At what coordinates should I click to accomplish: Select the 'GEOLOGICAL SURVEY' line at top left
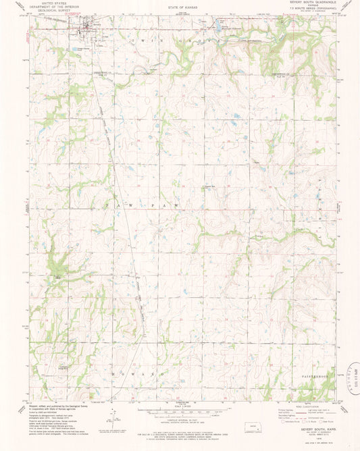[57, 10]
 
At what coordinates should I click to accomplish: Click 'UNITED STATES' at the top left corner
[57, 3]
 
